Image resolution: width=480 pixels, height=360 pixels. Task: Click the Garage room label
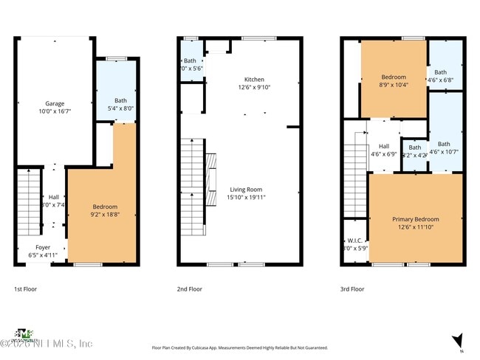(53, 103)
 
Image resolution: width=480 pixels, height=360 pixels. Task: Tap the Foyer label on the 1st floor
(43, 248)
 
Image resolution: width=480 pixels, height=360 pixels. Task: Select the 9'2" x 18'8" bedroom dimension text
(105, 214)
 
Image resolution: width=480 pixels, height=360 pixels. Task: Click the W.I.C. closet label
(354, 241)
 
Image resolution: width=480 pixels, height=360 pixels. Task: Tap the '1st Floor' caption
(25, 289)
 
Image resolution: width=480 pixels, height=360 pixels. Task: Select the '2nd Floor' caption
(189, 289)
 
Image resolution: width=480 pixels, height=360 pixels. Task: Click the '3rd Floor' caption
(353, 289)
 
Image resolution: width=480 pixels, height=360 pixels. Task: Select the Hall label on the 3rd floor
(384, 146)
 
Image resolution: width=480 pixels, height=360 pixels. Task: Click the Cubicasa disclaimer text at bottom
(239, 347)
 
